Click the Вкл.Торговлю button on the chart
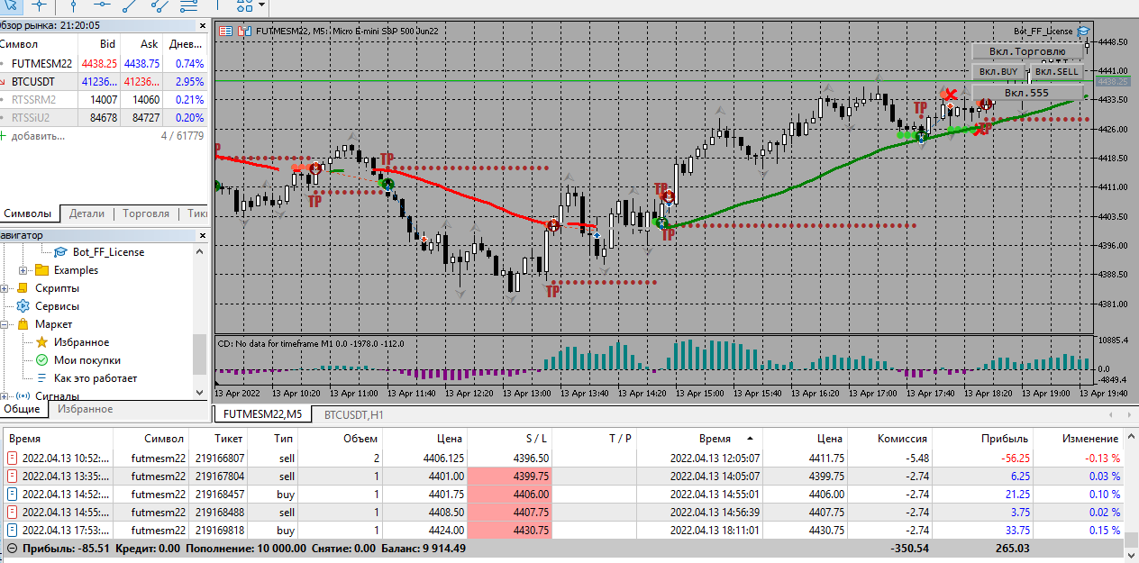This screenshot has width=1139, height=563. click(x=1027, y=51)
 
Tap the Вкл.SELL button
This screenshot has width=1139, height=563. click(x=1056, y=72)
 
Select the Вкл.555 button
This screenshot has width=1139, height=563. click(x=1026, y=93)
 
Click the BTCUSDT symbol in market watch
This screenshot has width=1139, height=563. click(x=33, y=81)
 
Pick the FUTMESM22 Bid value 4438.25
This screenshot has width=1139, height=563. click(x=99, y=63)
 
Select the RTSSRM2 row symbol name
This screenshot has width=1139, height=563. click(x=34, y=99)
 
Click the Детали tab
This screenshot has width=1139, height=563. click(x=87, y=213)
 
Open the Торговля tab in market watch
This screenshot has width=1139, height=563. click(x=146, y=213)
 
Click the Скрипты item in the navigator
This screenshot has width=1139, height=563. click(x=57, y=288)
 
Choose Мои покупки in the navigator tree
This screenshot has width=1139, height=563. click(x=87, y=360)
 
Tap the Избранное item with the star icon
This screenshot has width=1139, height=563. click(x=81, y=342)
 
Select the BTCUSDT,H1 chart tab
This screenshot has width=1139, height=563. click(x=353, y=414)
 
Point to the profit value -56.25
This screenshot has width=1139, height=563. click(x=1009, y=458)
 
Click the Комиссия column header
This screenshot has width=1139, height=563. click(x=902, y=439)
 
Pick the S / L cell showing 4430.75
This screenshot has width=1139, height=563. click(x=532, y=531)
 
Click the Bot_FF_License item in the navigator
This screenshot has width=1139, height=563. click(x=108, y=252)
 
